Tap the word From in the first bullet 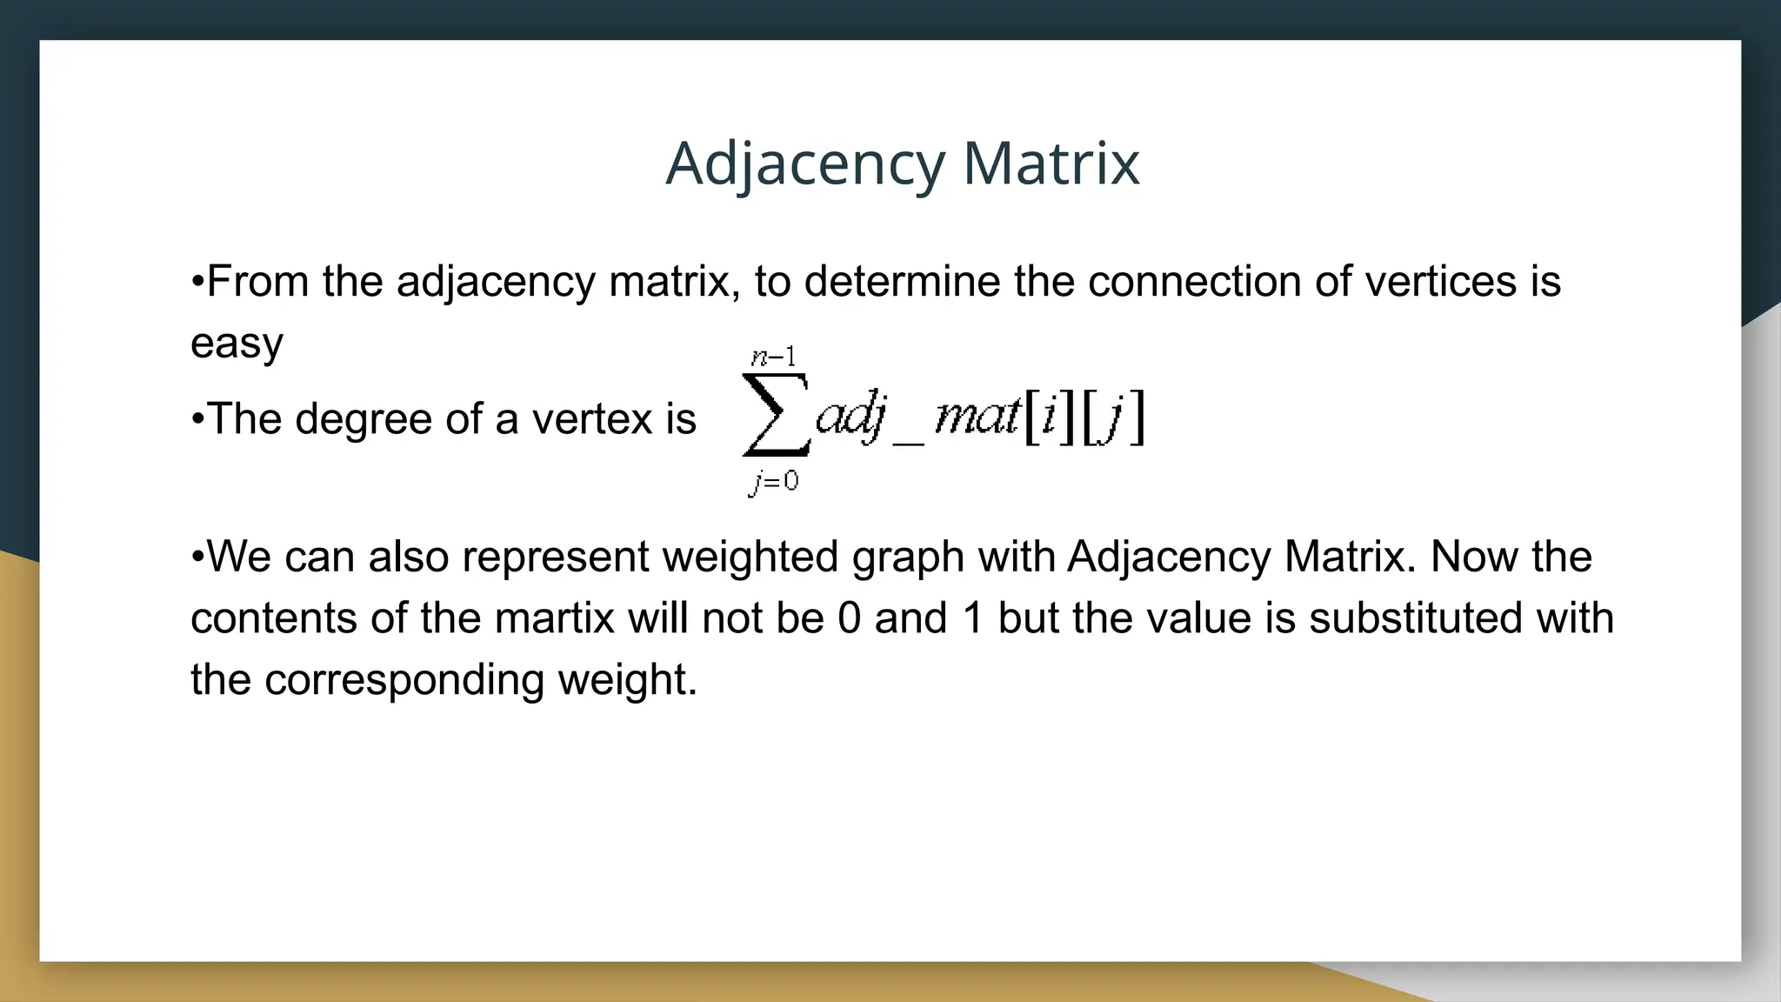pyautogui.click(x=258, y=282)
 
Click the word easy pyautogui.click(x=237, y=344)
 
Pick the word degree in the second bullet pyautogui.click(x=364, y=419)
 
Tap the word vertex pyautogui.click(x=592, y=419)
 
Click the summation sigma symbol pyautogui.click(x=775, y=415)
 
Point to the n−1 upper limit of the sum pyautogui.click(x=773, y=357)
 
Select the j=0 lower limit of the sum pyautogui.click(x=773, y=481)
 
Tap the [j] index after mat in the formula pyautogui.click(x=1113, y=417)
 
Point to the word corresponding pyautogui.click(x=404, y=680)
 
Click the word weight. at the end pyautogui.click(x=628, y=680)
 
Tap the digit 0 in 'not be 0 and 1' pyautogui.click(x=849, y=618)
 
